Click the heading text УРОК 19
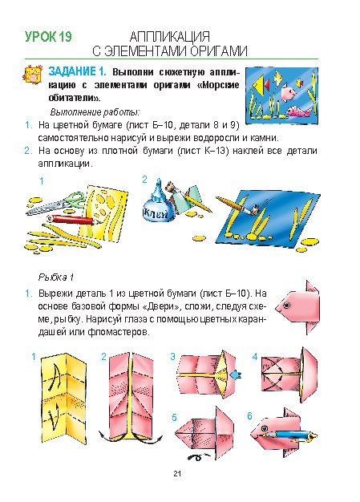click(x=48, y=37)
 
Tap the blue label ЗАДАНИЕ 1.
click(x=77, y=71)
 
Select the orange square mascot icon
click(x=33, y=75)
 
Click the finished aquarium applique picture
click(x=281, y=95)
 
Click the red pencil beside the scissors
click(x=74, y=220)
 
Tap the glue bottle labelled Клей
click(x=157, y=205)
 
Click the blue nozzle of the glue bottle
click(x=159, y=188)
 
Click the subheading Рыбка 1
click(x=56, y=277)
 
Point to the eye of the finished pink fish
click(x=286, y=305)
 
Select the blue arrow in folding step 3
click(x=237, y=374)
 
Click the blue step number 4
click(x=255, y=357)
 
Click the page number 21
click(x=177, y=473)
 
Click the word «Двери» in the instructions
click(x=158, y=306)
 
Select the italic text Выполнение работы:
click(x=95, y=112)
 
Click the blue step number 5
click(x=174, y=418)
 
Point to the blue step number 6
click(x=249, y=416)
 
